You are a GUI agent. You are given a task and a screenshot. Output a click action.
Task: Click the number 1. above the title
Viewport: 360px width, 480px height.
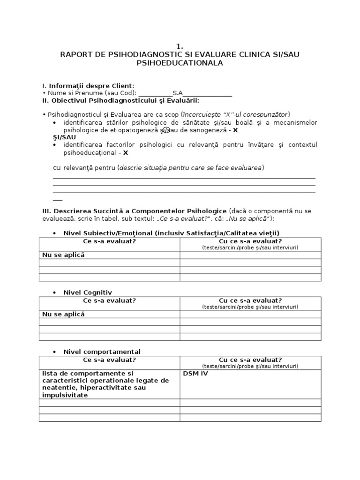(x=180, y=46)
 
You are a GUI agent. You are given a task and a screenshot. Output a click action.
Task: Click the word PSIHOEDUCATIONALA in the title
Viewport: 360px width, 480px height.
(x=180, y=62)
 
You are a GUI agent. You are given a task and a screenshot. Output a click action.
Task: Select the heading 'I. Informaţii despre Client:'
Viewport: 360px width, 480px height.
(x=88, y=86)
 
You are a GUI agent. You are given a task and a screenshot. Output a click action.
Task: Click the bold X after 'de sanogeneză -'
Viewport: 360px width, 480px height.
(x=236, y=130)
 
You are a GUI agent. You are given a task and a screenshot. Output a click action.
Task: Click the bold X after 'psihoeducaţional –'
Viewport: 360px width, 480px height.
(x=126, y=152)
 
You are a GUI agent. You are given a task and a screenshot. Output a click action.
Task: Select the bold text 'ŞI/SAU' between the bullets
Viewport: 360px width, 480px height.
(x=64, y=137)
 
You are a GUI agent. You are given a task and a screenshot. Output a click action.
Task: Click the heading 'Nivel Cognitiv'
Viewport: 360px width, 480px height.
(x=88, y=292)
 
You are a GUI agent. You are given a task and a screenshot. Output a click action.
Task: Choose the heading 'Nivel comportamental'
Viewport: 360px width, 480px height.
(x=102, y=352)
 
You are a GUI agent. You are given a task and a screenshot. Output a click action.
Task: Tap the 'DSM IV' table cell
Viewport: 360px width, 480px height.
(x=195, y=374)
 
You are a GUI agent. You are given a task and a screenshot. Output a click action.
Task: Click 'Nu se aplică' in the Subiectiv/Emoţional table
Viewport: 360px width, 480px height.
(x=63, y=255)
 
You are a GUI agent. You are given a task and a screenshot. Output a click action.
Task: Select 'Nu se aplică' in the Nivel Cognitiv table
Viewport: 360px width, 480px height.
(x=63, y=314)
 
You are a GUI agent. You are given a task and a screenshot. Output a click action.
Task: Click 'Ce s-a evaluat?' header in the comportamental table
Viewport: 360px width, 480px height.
(x=109, y=360)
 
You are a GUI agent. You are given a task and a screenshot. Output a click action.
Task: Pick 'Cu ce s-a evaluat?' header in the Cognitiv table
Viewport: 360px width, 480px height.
(x=250, y=300)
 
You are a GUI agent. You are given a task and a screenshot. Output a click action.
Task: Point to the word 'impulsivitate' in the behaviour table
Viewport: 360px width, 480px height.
(x=64, y=395)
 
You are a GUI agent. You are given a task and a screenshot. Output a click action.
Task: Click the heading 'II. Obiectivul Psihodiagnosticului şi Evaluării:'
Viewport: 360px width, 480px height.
(x=120, y=100)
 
